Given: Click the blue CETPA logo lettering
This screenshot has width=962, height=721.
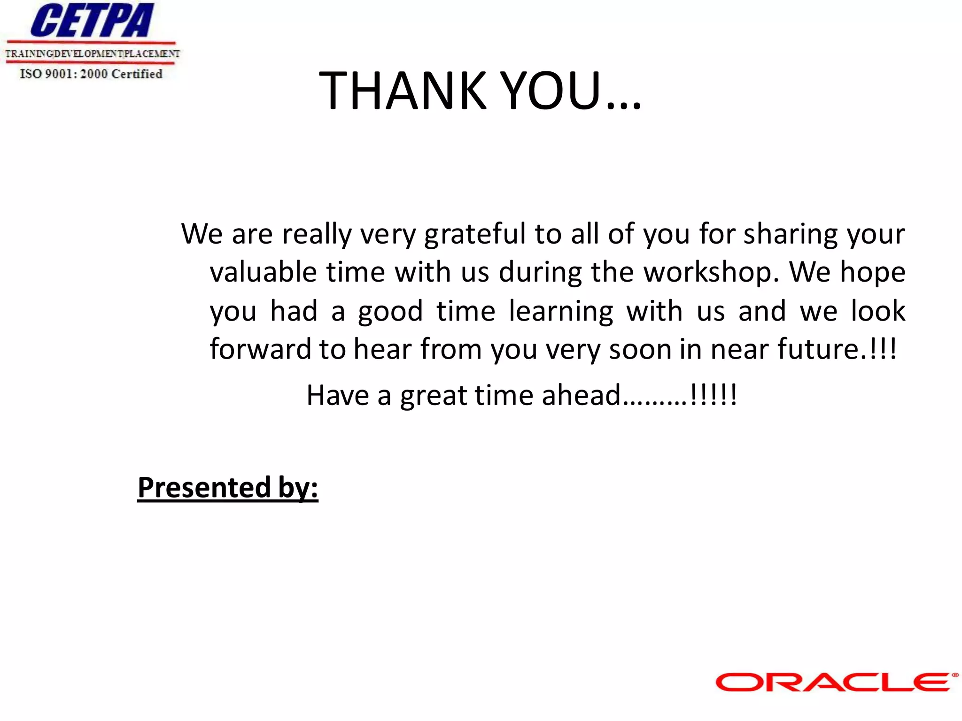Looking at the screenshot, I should point(92,21).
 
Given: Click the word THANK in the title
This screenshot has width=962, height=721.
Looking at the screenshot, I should point(403,90).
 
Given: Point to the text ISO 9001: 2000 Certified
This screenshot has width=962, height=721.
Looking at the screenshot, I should point(91,74).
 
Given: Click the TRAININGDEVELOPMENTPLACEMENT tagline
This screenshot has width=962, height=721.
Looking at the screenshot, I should point(92,54).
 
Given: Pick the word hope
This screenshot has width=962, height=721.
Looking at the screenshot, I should point(872,272).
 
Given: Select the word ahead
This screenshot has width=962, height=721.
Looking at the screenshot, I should point(581,395).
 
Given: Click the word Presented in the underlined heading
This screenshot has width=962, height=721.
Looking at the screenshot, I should point(204,488).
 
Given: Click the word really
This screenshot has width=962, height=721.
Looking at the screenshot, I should point(317,234).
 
